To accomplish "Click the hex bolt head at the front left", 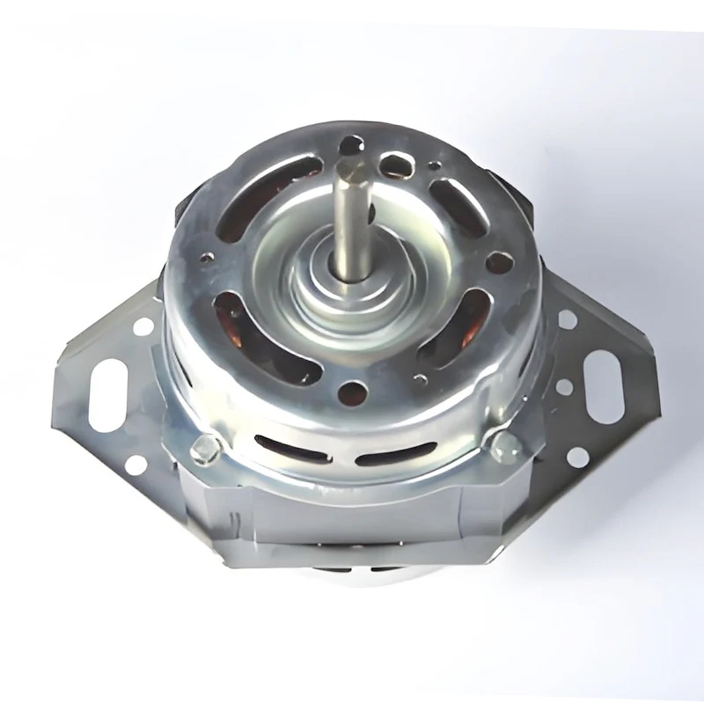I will [203, 449].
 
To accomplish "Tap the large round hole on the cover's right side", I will [497, 262].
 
